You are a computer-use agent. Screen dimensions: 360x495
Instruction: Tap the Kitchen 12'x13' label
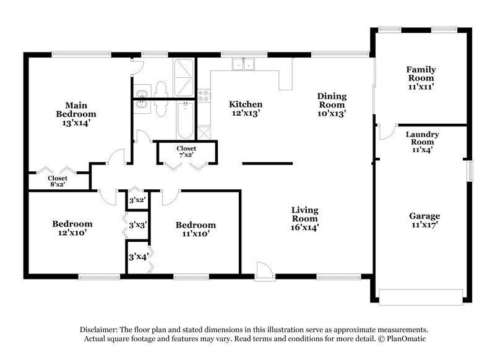pos(246,109)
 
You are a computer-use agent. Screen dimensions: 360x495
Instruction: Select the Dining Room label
pos(332,105)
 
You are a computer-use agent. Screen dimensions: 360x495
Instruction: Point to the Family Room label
pos(420,79)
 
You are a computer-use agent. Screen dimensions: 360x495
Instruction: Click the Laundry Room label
pos(422,142)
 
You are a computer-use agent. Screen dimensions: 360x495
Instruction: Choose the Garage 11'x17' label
pos(424,221)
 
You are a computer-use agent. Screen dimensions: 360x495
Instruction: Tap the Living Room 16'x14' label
pos(305,218)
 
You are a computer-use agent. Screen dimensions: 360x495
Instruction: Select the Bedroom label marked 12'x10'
pos(72,228)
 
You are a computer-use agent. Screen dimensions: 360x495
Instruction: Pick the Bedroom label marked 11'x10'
pos(196,229)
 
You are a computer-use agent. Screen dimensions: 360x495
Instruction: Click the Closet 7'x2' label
pos(186,152)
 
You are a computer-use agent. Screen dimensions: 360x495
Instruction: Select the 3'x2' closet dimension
pos(137,200)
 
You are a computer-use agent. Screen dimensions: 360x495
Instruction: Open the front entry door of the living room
pos(264,270)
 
